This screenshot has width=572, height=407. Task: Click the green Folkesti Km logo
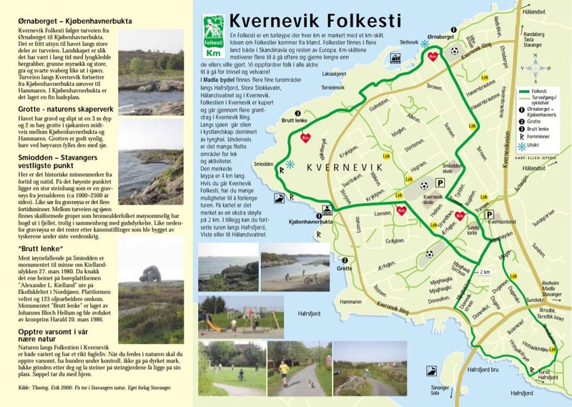click(x=212, y=39)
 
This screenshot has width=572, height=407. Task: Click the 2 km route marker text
click(x=484, y=272)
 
